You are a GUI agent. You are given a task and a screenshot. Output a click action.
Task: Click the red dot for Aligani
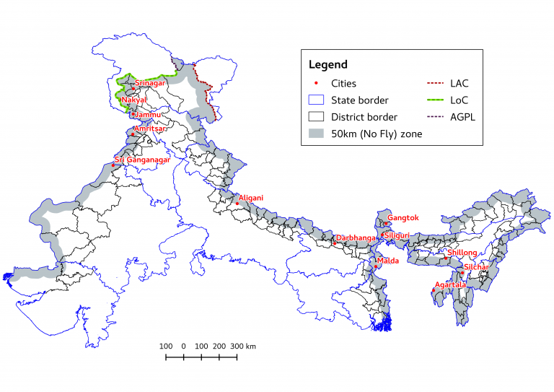tap(237, 203)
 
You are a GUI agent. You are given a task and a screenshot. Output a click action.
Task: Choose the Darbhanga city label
tap(356, 238)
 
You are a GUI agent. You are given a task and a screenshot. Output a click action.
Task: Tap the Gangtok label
tap(403, 218)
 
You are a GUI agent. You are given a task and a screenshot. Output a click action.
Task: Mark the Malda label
tap(388, 261)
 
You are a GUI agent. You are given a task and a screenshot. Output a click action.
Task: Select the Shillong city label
tap(462, 253)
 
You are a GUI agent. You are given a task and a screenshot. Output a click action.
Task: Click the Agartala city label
tap(450, 284)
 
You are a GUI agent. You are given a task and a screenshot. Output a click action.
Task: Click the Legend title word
tap(327, 64)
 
